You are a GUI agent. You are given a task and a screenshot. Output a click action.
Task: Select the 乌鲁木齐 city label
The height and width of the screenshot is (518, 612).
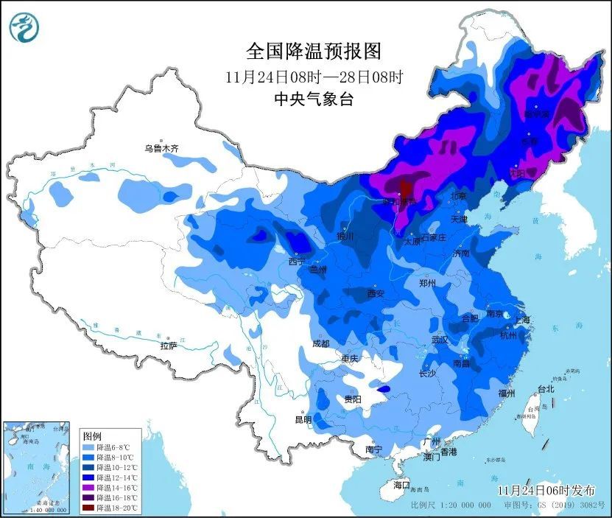pyautogui.click(x=161, y=148)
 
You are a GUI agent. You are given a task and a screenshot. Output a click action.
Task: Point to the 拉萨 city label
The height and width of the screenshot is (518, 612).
pyautogui.click(x=169, y=346)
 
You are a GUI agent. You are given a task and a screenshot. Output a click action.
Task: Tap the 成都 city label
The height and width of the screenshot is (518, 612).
pyautogui.click(x=320, y=343)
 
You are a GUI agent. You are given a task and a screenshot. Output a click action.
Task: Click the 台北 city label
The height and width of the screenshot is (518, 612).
pyautogui.click(x=545, y=388)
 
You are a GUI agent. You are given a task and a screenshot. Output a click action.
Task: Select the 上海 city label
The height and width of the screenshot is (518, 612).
pyautogui.click(x=526, y=319)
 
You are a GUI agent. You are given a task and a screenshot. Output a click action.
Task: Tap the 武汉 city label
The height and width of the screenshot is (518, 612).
pyautogui.click(x=440, y=340)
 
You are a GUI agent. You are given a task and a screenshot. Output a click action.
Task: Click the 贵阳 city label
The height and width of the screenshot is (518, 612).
pyautogui.click(x=353, y=399)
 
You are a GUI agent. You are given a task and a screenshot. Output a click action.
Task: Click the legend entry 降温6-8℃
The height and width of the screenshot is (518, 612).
pyautogui.click(x=108, y=447)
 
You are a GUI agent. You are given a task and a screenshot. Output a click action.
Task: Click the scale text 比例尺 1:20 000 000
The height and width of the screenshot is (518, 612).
pyautogui.click(x=451, y=506)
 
